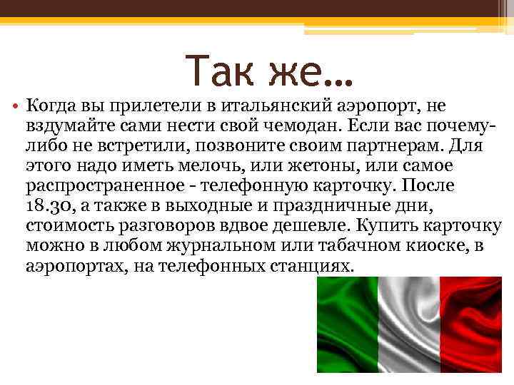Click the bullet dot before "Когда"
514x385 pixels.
coord(15,108)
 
